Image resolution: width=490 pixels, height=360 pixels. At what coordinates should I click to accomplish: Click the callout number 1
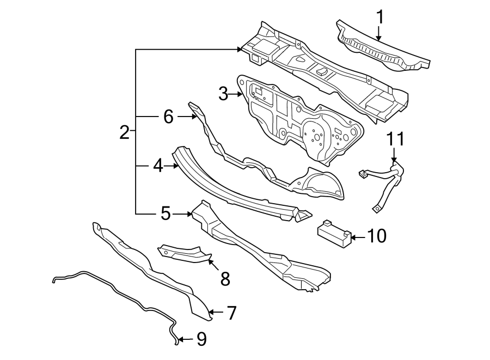click(x=381, y=17)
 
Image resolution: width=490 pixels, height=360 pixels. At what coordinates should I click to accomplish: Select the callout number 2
click(x=125, y=132)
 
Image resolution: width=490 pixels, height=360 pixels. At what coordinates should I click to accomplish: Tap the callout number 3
click(x=223, y=95)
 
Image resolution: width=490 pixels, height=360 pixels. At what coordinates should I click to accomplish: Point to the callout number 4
click(x=158, y=166)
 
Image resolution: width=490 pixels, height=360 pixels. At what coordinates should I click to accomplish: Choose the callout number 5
click(x=166, y=214)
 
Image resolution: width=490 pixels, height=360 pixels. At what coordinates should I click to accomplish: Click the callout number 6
click(x=168, y=117)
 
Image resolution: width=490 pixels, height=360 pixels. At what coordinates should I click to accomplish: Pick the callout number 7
click(x=231, y=313)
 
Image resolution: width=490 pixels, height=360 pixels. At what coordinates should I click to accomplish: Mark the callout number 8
click(x=224, y=279)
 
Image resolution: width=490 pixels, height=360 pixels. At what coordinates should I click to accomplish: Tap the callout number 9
click(x=201, y=340)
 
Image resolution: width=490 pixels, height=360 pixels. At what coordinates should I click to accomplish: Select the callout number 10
click(x=377, y=236)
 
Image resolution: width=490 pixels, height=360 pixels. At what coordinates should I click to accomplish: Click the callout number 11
click(x=396, y=139)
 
